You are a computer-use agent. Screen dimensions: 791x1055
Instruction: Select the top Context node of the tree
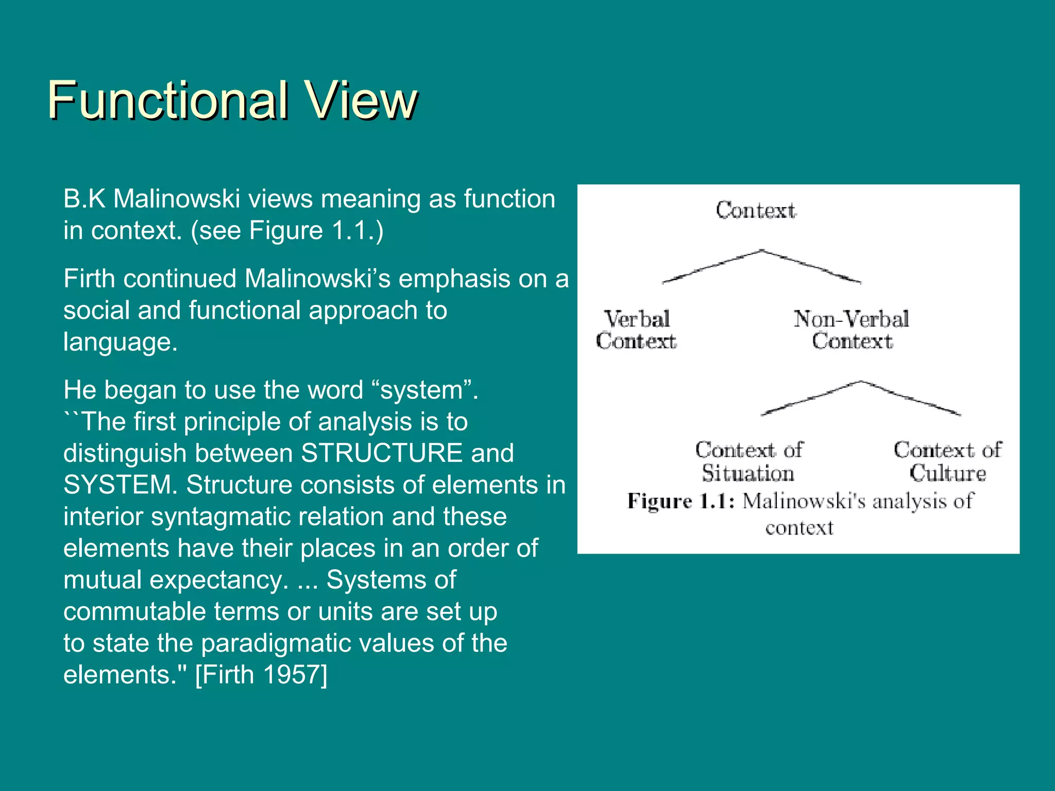point(756,211)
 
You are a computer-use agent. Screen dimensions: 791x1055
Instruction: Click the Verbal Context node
point(636,330)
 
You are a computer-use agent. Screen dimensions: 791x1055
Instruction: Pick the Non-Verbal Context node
point(852,330)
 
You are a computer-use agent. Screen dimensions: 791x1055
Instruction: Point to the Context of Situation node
point(749,462)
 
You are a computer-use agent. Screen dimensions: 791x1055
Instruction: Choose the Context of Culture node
point(948,462)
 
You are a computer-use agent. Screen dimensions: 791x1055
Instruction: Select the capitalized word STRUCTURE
point(382,453)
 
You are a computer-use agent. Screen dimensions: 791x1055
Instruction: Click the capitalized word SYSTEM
point(120,485)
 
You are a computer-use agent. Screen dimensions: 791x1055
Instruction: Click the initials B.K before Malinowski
point(84,199)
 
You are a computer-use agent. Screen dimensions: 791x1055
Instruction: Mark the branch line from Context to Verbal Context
point(711,267)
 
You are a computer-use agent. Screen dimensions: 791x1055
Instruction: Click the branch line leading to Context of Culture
point(911,398)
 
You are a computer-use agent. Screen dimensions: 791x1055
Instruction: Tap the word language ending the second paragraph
point(120,342)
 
